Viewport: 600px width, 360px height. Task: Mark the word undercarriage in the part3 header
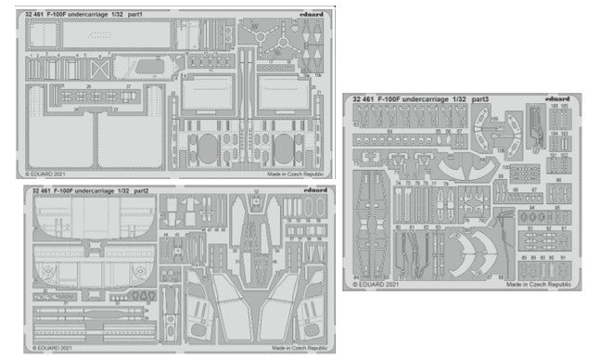[428, 98]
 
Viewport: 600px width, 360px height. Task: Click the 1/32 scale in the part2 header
[121, 190]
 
